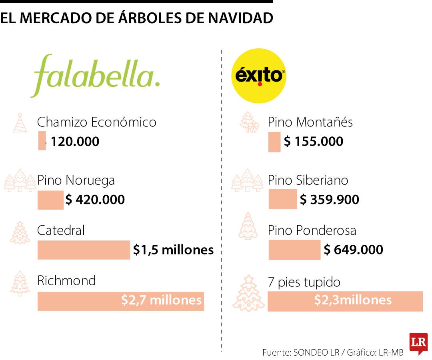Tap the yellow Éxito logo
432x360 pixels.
259,76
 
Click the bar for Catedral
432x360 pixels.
84,250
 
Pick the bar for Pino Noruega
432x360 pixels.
50,200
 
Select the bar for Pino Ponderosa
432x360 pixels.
294,250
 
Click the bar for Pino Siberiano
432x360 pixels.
282,199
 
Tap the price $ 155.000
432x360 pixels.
314,142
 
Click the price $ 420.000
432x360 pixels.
95,199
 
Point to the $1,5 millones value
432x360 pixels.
173,250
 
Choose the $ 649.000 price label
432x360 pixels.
354,250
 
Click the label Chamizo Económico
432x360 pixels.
96,122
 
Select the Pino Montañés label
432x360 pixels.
310,122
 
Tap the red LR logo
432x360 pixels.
418,343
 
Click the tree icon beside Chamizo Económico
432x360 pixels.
20,123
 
